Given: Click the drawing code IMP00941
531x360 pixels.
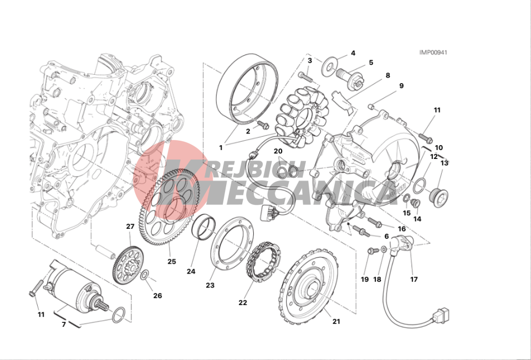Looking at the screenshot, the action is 433,53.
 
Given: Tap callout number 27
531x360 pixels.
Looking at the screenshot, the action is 130,227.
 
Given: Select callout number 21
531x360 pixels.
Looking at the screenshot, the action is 336,321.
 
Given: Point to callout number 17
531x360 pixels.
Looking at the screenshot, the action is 414,280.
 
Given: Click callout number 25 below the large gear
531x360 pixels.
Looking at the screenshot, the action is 172,261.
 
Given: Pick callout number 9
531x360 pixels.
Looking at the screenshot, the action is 401,86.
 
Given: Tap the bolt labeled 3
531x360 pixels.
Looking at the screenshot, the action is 306,76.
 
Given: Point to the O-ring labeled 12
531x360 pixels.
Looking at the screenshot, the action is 420,185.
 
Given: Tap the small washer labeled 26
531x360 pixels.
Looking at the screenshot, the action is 144,275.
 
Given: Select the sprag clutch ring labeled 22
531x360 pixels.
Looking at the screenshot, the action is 264,261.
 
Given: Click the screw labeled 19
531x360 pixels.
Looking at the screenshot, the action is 373,251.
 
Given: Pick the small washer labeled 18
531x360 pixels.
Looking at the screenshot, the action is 384,250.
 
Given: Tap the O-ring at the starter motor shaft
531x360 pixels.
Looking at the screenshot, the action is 118,315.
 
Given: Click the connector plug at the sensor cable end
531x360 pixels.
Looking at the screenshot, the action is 440,316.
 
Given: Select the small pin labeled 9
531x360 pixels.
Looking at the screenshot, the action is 371,107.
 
